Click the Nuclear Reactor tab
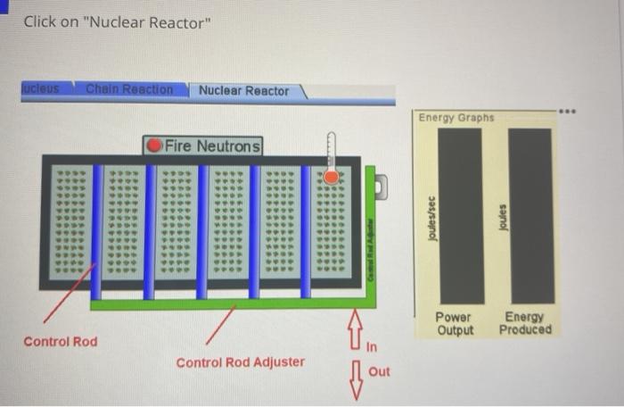(243, 91)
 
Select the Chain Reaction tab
(129, 89)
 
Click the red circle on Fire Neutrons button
(155, 145)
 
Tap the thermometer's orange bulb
(331, 178)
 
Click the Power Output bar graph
(460, 216)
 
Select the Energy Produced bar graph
(530, 216)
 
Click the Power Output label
(454, 324)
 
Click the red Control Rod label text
(61, 342)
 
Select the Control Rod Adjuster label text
(240, 362)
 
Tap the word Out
(379, 371)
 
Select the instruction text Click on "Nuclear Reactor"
(118, 22)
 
